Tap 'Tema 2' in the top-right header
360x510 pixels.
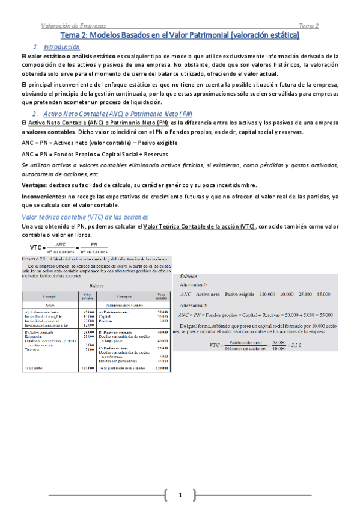[309, 25]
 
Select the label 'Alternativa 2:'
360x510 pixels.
[197, 305]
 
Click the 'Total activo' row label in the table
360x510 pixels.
[35, 367]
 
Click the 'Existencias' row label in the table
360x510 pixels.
[37, 336]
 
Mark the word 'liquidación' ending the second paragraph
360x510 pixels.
[149, 101]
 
